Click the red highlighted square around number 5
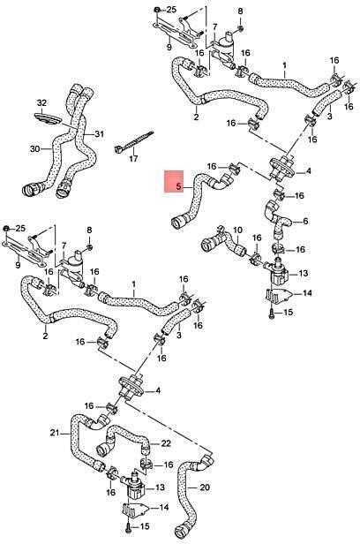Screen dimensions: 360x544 click(x=174, y=181)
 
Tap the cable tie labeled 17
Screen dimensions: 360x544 click(x=134, y=142)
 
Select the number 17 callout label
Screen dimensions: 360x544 click(x=133, y=159)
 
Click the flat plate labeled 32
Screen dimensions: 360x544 click(x=48, y=118)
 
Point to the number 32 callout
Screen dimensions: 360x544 click(x=41, y=103)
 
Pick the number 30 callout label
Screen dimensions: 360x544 click(x=35, y=149)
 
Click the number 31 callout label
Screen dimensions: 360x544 click(x=100, y=134)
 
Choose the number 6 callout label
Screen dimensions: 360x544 click(x=305, y=221)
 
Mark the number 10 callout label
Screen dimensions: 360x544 click(x=237, y=230)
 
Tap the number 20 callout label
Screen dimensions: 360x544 click(x=205, y=487)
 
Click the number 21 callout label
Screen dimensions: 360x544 click(x=55, y=433)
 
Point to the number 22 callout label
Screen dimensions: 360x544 click(x=166, y=443)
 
